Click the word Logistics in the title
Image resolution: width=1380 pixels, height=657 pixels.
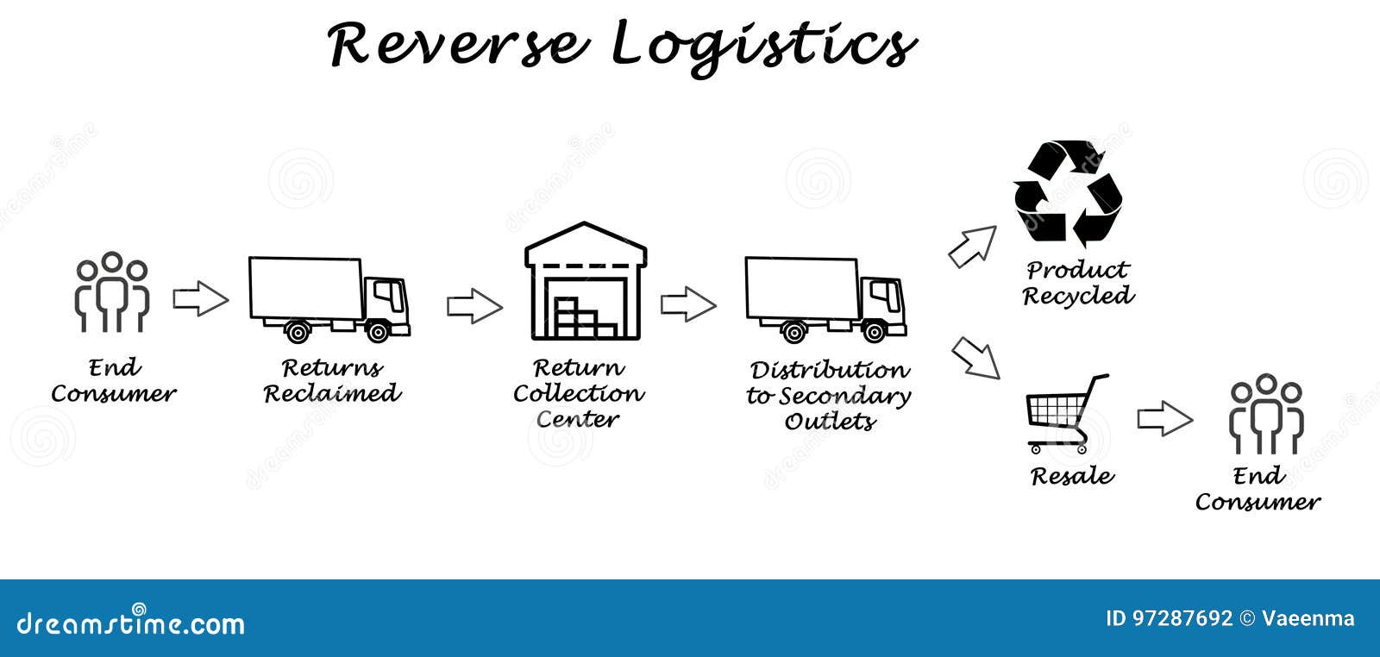pos(763,45)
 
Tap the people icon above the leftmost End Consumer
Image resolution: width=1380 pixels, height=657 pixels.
pos(112,292)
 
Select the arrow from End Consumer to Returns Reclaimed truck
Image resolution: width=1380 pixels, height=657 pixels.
pos(200,299)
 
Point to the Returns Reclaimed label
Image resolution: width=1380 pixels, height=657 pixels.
pos(332,381)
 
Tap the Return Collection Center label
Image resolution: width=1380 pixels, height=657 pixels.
pos(578,394)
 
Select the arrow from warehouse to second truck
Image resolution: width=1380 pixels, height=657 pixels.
pos(688,304)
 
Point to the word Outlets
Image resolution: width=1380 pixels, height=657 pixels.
pos(830,422)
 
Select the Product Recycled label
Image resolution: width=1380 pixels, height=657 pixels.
pos(1078,283)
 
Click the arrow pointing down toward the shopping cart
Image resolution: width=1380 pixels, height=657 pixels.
pos(975,358)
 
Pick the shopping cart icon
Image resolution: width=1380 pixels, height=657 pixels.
pos(1066,414)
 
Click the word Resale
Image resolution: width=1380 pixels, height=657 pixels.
pos(1072,476)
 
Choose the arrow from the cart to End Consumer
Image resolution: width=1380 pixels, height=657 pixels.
pos(1164,419)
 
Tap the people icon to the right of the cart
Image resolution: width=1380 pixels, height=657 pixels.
pos(1266,414)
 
